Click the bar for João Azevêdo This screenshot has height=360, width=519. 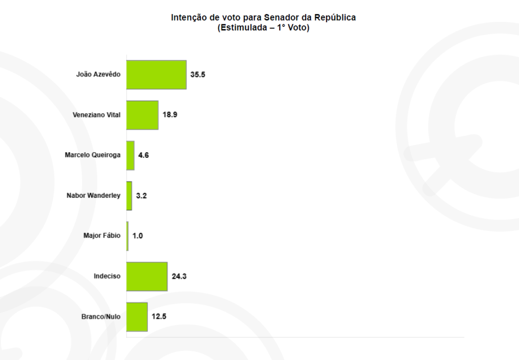click(156, 75)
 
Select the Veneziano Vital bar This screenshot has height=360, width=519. click(142, 115)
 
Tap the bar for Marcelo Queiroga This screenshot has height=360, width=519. click(130, 155)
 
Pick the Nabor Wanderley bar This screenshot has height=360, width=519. click(129, 196)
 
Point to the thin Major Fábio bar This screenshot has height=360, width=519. click(128, 236)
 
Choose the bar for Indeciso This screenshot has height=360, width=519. click(146, 276)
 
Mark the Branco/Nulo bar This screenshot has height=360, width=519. click(137, 317)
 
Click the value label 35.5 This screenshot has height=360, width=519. click(197, 75)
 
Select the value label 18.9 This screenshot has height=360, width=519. click(169, 115)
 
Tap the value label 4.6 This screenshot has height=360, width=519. click(143, 155)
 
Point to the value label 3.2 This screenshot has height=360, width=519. click(141, 196)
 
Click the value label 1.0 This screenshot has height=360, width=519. click(137, 236)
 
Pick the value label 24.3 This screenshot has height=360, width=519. click(178, 276)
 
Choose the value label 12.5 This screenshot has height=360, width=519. click(159, 317)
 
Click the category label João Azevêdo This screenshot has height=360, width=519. click(98, 74)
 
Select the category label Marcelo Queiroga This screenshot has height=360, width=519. click(93, 155)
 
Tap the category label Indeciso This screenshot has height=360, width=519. click(107, 276)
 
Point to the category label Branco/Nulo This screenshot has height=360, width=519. click(101, 317)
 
